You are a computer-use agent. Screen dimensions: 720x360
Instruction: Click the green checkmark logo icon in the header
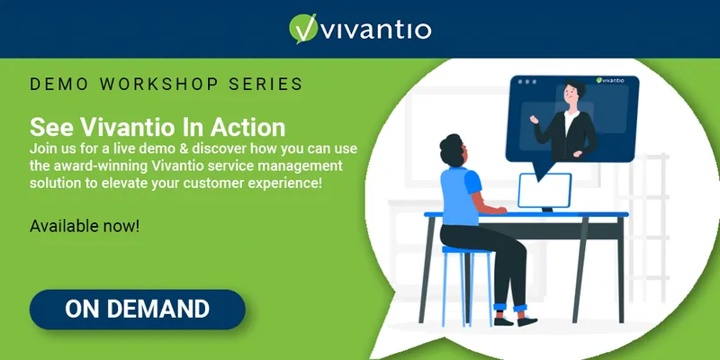click(x=303, y=29)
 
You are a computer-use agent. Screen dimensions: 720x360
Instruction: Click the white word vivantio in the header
click(x=375, y=30)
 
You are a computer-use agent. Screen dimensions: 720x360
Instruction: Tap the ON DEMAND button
click(x=138, y=309)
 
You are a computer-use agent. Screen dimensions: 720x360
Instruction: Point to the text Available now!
click(x=85, y=227)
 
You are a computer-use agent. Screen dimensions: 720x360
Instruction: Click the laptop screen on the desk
click(x=544, y=190)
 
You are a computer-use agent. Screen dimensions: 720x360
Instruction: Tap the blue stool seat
click(x=466, y=250)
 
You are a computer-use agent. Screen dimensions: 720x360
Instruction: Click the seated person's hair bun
click(x=449, y=142)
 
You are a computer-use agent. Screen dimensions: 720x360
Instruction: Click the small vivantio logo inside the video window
click(x=610, y=80)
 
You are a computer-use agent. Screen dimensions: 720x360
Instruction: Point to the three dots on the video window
click(x=526, y=82)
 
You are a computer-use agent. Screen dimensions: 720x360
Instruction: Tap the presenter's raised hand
click(x=534, y=120)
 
